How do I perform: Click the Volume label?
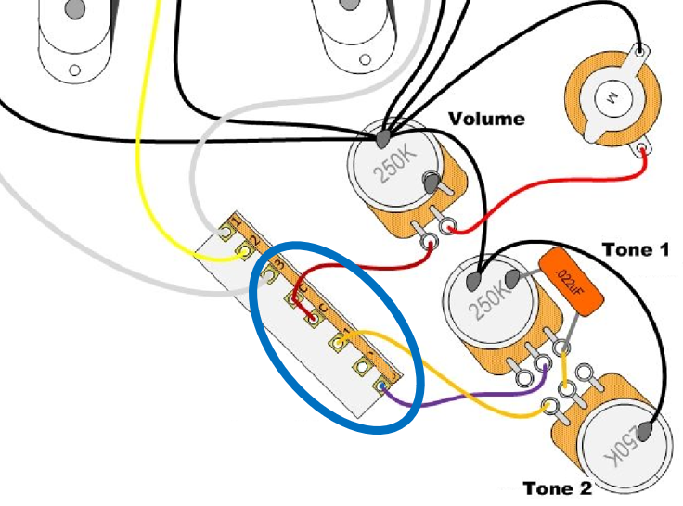click(486, 119)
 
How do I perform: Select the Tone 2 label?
click(557, 488)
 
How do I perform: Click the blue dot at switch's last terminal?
click(380, 386)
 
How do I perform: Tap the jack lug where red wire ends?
click(644, 151)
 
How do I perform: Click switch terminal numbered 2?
click(246, 246)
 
